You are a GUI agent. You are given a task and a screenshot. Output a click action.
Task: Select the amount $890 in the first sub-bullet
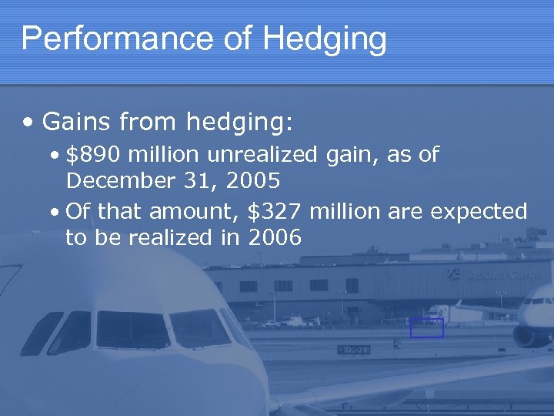pos(94,154)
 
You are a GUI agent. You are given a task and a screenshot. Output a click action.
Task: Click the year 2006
pos(274,238)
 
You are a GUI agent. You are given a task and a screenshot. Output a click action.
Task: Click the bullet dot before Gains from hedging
pos(28,122)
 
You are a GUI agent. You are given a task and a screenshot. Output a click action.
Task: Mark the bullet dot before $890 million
pos(58,155)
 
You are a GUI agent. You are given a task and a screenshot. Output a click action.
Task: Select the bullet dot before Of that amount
pos(58,212)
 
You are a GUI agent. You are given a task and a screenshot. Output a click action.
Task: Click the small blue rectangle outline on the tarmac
pos(426,327)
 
